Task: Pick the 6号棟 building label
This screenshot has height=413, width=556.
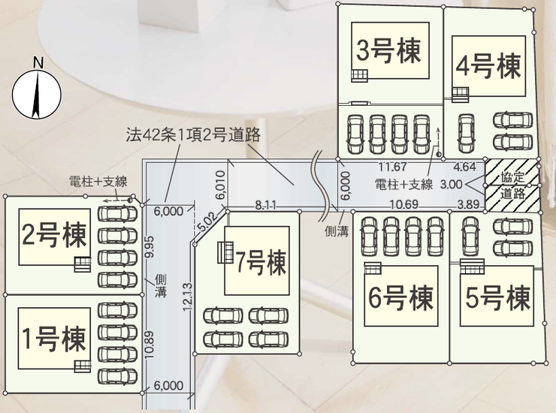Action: (x=400, y=298)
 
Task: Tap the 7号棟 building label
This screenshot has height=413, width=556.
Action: (x=260, y=263)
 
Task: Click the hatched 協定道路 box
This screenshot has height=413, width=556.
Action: (x=512, y=185)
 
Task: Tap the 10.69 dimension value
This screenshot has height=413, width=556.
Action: (x=403, y=204)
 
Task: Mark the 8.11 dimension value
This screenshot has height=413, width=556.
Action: (x=265, y=204)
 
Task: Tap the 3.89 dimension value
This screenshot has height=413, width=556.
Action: (x=468, y=204)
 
